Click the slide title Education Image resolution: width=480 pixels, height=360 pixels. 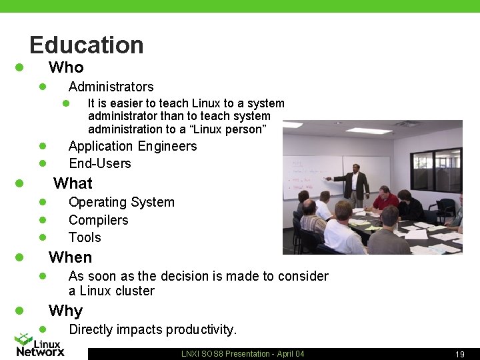coord(87,45)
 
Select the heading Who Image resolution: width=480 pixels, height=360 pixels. coord(66,67)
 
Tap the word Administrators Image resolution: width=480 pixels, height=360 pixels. coord(111,87)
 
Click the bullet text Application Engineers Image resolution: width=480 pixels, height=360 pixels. coord(133,146)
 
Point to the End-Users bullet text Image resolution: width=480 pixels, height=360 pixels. coord(100,163)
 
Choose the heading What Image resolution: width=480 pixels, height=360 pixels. coord(73,183)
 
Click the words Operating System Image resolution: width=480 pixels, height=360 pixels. coord(121,202)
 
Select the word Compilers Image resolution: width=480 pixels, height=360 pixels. coord(98,220)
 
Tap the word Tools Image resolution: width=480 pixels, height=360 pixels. coord(85,237)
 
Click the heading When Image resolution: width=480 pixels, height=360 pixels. coord(70,257)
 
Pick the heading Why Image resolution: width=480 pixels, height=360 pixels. coord(65,311)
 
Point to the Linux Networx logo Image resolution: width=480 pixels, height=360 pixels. coord(40,345)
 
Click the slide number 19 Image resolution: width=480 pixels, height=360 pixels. coord(459,354)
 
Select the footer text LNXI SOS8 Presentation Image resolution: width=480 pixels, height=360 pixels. coord(223,354)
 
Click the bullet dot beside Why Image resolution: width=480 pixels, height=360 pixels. coord(20,311)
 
